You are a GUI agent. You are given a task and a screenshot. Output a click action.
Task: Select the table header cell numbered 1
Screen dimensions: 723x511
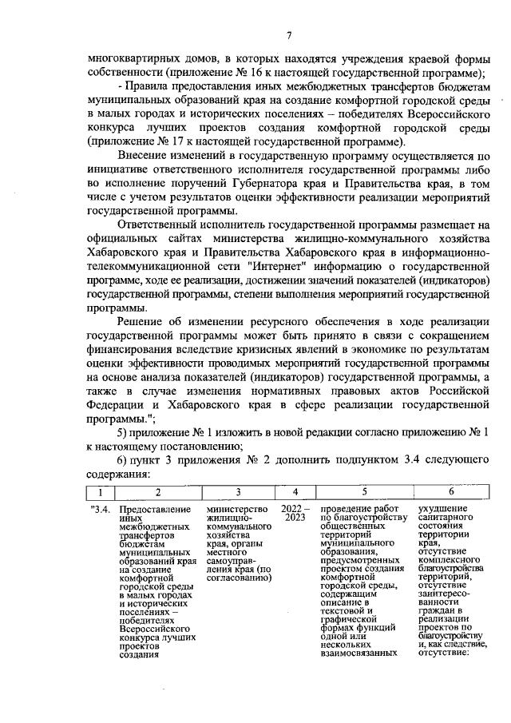pos(99,491)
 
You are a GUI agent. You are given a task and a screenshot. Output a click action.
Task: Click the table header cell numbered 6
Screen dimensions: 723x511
pos(451,491)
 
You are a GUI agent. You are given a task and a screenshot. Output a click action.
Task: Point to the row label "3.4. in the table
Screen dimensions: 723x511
pos(100,509)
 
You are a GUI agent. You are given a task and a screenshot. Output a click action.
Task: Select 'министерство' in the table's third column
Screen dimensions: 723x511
pos(238,509)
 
